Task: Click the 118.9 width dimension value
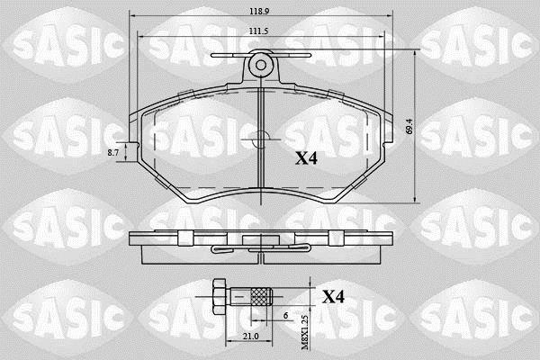coord(259,11)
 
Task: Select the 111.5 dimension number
coord(258,31)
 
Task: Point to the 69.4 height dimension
coord(409,127)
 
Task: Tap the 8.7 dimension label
coord(113,152)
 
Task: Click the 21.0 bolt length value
coord(250,336)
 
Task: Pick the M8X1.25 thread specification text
coord(305,332)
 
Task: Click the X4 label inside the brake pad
coord(306,157)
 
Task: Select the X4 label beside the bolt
coord(333,297)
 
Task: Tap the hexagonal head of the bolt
coord(220,296)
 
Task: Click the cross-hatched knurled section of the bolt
coord(261,297)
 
